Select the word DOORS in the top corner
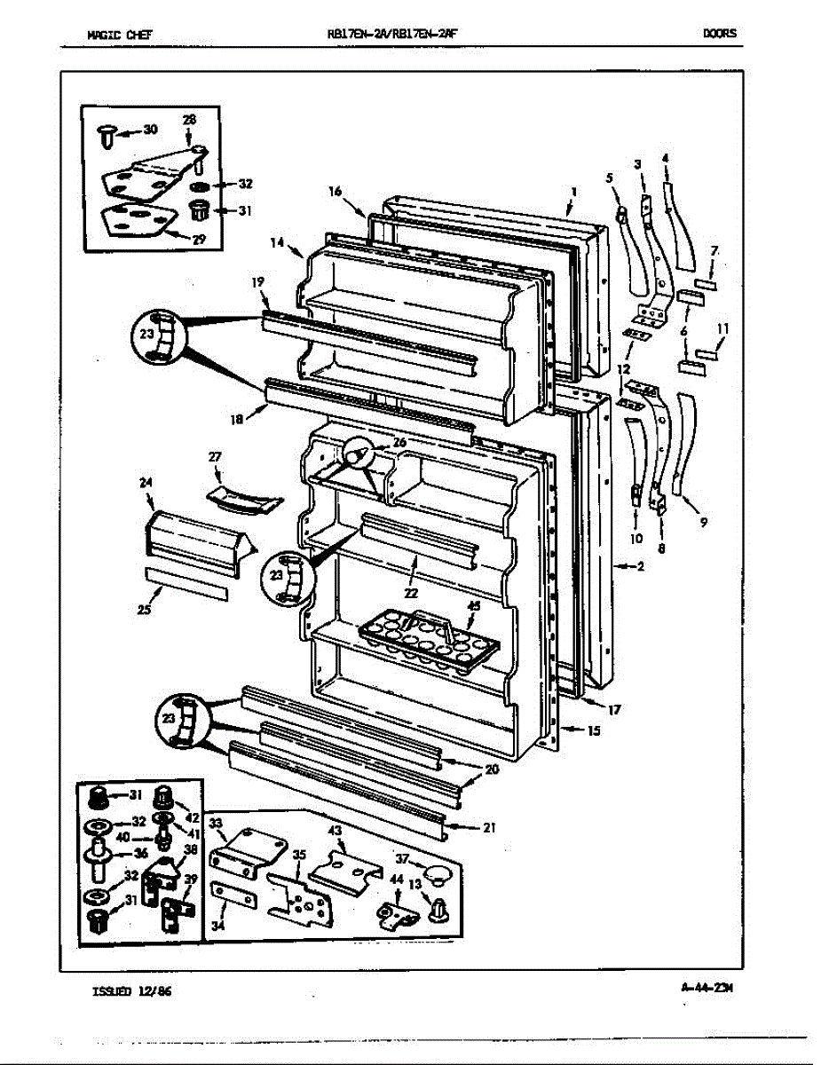pos(719,35)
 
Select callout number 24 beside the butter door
pos(145,483)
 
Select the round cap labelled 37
pos(435,875)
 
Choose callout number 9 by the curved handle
pos(703,523)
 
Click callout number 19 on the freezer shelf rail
pos(257,282)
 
